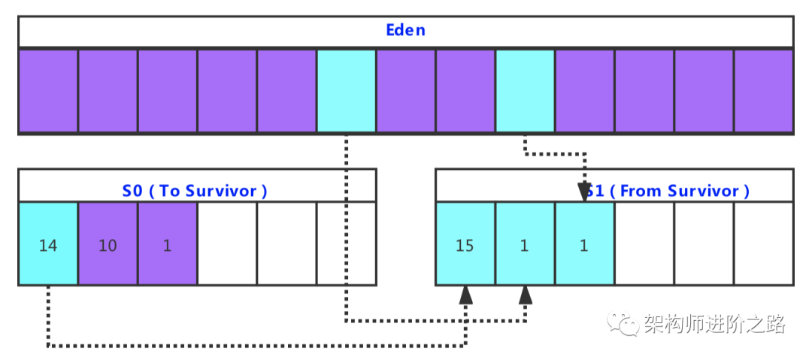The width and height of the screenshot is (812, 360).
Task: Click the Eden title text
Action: point(405,31)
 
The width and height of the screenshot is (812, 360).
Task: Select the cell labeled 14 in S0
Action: point(48,245)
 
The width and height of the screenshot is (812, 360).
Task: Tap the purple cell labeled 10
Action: point(108,245)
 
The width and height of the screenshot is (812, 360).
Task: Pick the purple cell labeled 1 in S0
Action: point(167,245)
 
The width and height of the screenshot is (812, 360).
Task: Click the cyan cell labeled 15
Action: point(465,245)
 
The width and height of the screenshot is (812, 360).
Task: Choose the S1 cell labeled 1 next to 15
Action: point(524,245)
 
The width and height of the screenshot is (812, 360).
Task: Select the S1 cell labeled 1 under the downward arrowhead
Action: point(584,245)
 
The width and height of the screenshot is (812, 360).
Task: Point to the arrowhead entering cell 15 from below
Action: point(466,294)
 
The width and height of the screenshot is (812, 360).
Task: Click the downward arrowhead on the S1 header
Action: point(585,193)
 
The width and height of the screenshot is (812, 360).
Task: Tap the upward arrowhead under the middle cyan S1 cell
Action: point(526,294)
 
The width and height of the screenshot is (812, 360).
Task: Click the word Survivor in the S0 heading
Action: point(223,191)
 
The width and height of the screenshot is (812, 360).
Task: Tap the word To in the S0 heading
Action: point(170,191)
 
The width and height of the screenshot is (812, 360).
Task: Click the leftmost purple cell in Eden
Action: point(48,91)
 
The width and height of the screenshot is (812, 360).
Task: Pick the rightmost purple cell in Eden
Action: point(763,91)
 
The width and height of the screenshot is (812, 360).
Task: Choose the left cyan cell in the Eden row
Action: point(346,91)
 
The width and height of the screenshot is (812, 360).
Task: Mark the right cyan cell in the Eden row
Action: point(525,91)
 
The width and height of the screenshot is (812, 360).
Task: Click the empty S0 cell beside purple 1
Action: point(227,245)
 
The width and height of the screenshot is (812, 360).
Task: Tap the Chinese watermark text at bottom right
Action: point(714,325)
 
